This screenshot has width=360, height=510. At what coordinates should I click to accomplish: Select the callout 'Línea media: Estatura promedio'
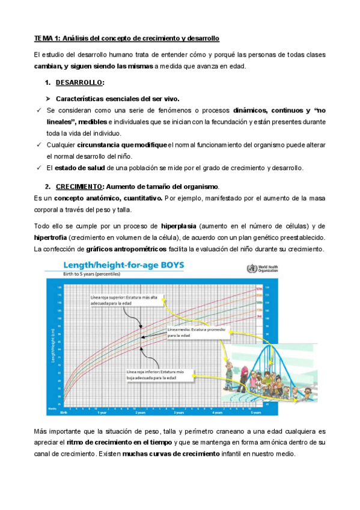[x=191, y=333]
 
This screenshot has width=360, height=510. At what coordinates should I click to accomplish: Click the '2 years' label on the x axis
[x=140, y=413]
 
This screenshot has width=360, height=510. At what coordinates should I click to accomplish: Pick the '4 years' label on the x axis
[x=217, y=413]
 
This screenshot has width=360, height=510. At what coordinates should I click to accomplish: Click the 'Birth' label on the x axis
[x=63, y=413]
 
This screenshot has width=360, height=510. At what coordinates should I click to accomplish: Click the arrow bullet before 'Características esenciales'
[x=47, y=98]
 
